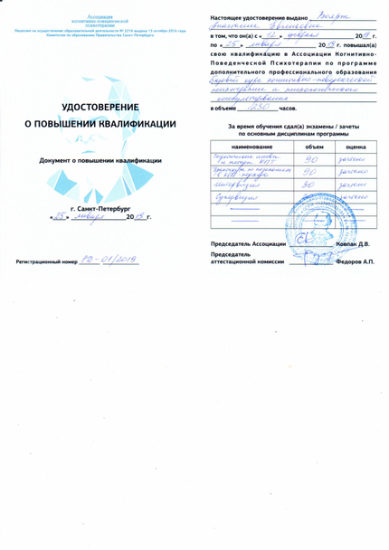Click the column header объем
tap(314, 146)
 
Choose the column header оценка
tap(356, 146)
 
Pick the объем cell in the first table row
tap(314, 158)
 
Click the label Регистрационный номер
tap(47, 261)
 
